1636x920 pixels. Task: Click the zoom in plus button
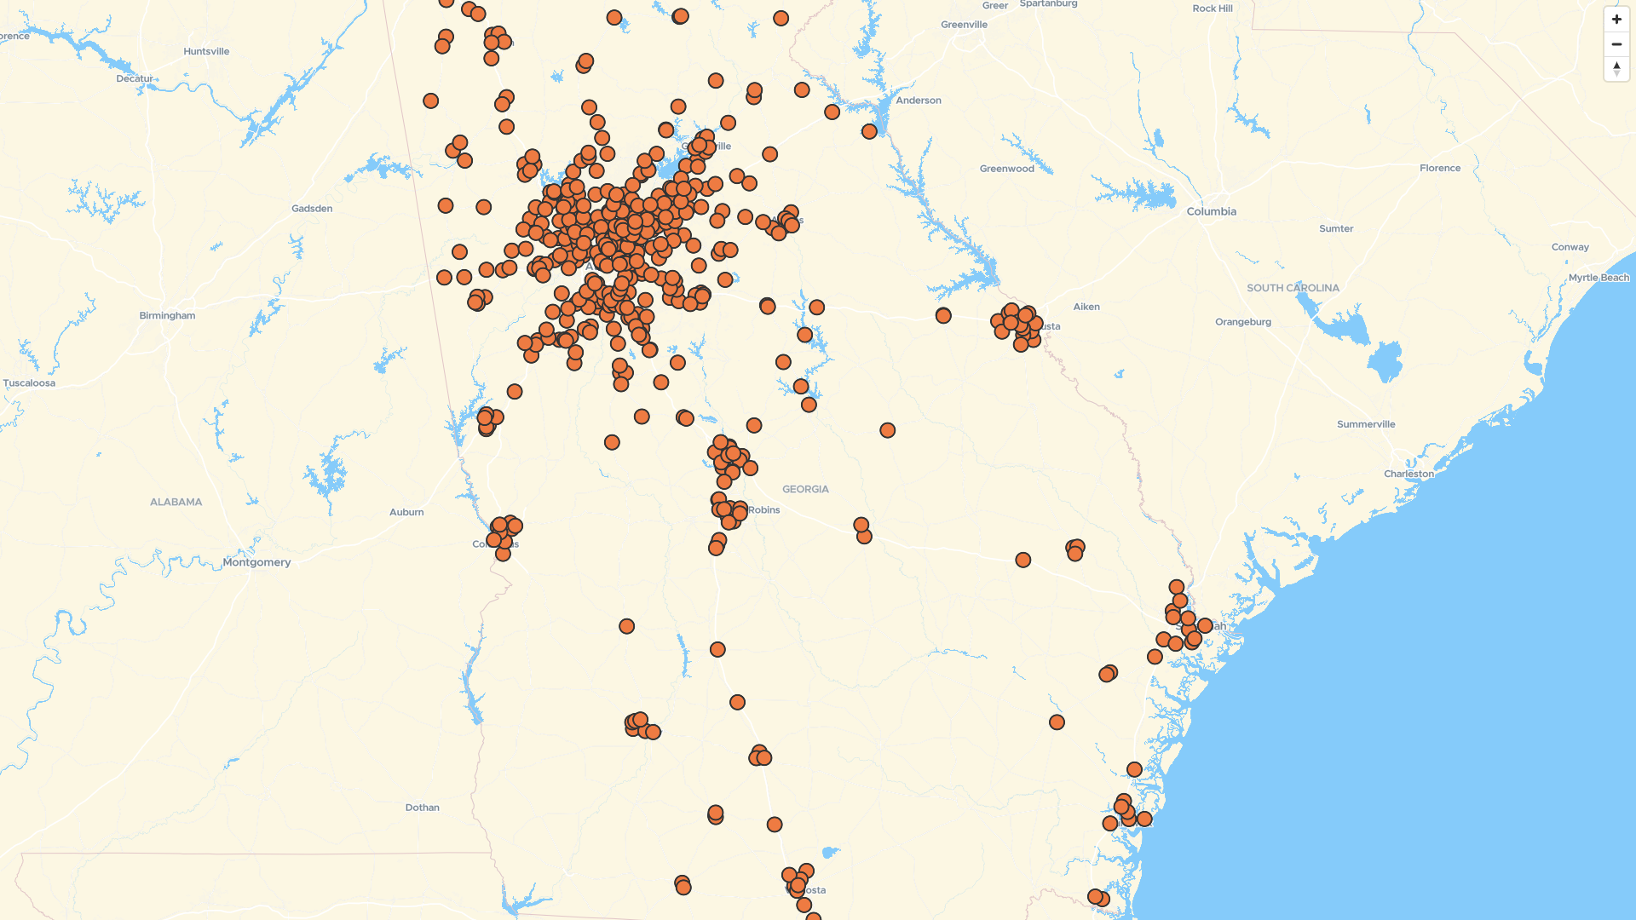pyautogui.click(x=1616, y=20)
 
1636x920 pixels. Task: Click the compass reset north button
pyautogui.click(x=1616, y=69)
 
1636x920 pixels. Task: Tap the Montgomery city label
pyautogui.click(x=256, y=562)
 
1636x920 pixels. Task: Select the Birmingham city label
pyautogui.click(x=167, y=315)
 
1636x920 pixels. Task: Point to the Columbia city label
pyautogui.click(x=1211, y=211)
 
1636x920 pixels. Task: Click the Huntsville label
pyautogui.click(x=206, y=51)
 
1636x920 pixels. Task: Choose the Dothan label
pyautogui.click(x=422, y=808)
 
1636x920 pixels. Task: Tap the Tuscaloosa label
pyautogui.click(x=29, y=383)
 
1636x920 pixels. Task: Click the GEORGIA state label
pyautogui.click(x=805, y=489)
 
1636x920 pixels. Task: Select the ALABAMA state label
pyautogui.click(x=176, y=502)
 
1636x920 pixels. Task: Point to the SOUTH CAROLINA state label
pyautogui.click(x=1293, y=288)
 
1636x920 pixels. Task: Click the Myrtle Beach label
pyautogui.click(x=1599, y=278)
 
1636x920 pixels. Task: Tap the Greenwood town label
pyautogui.click(x=1006, y=169)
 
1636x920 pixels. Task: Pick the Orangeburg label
pyautogui.click(x=1242, y=322)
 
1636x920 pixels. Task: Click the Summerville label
pyautogui.click(x=1365, y=424)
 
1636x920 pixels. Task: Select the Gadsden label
pyautogui.click(x=312, y=209)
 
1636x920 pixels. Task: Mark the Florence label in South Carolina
pyautogui.click(x=1439, y=168)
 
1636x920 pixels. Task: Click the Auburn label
pyautogui.click(x=406, y=512)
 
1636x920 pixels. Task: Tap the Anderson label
pyautogui.click(x=918, y=101)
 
